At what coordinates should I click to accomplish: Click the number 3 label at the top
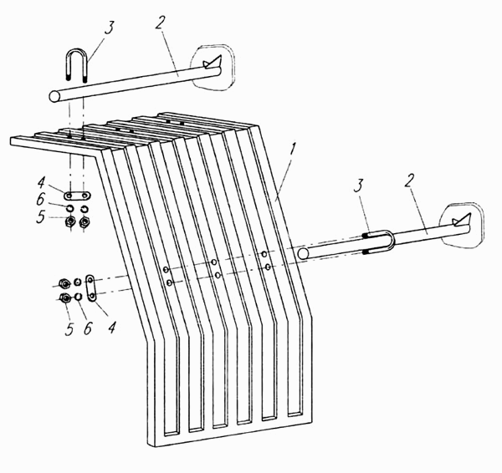point(109,28)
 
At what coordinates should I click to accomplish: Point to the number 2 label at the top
point(161,20)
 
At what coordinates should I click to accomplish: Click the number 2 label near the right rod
point(408,182)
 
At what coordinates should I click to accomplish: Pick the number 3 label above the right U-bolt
point(359,186)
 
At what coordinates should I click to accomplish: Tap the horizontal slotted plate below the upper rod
point(77,195)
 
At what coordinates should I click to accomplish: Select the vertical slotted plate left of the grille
point(91,287)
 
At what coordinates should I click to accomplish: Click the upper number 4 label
point(41,184)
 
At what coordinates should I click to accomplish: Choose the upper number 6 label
point(40,200)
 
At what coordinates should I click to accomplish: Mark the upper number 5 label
point(40,217)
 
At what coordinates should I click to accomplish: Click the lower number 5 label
point(69,329)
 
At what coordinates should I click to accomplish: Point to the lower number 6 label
point(88,328)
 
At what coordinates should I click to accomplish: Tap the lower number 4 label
point(111,327)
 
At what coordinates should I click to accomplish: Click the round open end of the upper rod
point(55,96)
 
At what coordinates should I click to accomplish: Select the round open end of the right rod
point(303,253)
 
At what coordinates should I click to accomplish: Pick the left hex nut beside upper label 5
point(70,221)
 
